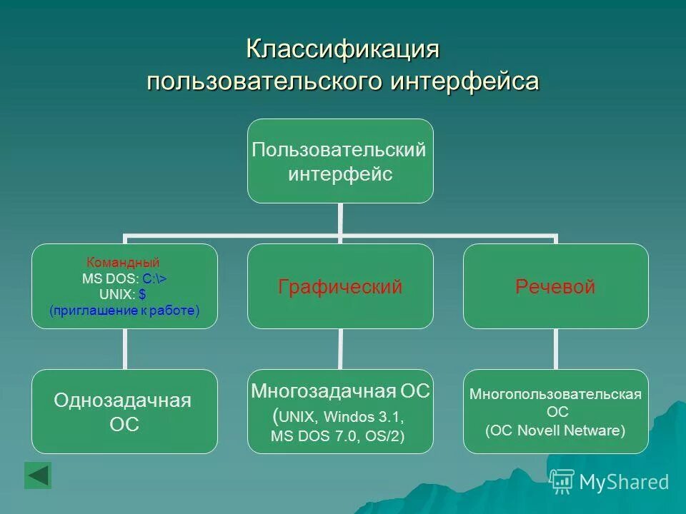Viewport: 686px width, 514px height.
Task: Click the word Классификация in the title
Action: (342, 50)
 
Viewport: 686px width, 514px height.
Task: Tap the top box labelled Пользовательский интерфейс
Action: (340, 161)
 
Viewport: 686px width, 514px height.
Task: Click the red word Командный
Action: (123, 262)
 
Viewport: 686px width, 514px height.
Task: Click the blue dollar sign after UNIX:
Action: (143, 294)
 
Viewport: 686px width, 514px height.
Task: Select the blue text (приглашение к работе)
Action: (124, 311)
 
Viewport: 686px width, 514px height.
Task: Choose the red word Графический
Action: (340, 287)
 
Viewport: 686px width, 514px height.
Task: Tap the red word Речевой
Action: (555, 287)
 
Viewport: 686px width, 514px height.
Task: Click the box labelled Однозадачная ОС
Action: (124, 411)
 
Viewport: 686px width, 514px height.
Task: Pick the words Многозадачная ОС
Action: (340, 390)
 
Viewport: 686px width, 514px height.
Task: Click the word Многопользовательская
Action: (555, 394)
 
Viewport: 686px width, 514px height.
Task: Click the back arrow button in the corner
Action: (38, 475)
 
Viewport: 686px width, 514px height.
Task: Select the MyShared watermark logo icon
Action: (562, 482)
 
